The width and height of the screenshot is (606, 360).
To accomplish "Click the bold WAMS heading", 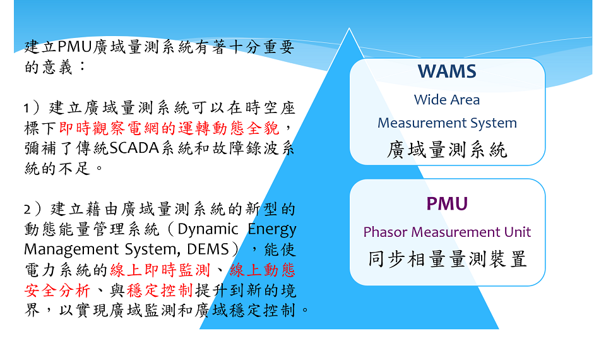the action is (x=447, y=71).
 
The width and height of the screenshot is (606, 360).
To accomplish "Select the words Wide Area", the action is (x=447, y=100).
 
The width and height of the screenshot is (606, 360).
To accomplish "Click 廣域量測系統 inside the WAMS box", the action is (x=447, y=150).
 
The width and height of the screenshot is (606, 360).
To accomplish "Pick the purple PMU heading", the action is (x=447, y=204).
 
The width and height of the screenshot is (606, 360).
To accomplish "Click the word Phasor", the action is (x=386, y=232).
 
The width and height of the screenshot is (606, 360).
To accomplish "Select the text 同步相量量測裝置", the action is (x=447, y=259).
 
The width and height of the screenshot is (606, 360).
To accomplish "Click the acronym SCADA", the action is (x=134, y=148).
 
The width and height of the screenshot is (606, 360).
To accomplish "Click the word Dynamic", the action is (x=208, y=230).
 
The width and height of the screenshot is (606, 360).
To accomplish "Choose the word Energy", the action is (x=271, y=230).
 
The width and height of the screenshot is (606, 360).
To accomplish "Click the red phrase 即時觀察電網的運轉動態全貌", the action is (x=169, y=128).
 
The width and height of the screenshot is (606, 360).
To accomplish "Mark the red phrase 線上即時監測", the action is (x=160, y=270).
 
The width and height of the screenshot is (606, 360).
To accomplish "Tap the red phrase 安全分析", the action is (x=57, y=290).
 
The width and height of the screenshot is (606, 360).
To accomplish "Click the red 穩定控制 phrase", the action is (x=160, y=290).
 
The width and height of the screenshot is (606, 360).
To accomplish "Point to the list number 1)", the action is (x=32, y=108).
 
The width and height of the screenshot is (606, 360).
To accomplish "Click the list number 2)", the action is (x=32, y=210).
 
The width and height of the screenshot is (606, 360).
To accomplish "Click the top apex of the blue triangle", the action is (x=349, y=28).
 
